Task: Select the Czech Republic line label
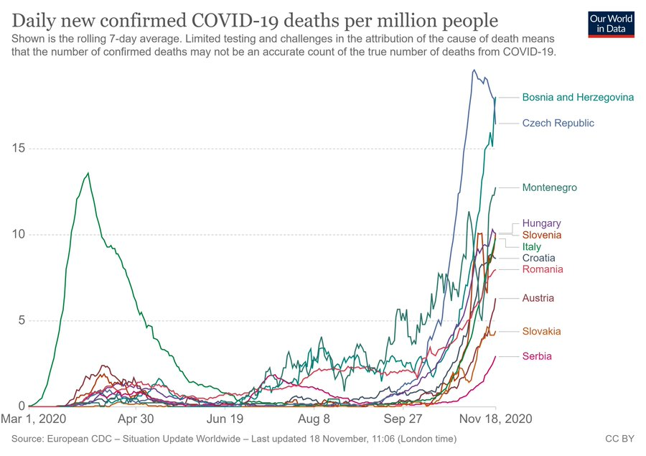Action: [558, 123]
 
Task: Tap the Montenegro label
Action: [549, 187]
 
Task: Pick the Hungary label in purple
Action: [541, 223]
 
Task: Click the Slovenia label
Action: [542, 235]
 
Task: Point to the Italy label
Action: [531, 246]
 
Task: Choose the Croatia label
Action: [538, 258]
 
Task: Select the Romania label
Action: [543, 269]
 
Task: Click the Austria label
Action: [538, 298]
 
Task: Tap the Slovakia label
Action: [541, 331]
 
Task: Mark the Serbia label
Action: [537, 356]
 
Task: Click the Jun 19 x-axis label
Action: [225, 419]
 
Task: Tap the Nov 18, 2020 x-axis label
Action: [494, 419]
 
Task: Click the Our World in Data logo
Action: [611, 24]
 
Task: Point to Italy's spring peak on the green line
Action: [88, 173]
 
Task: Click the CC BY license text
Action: [621, 437]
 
